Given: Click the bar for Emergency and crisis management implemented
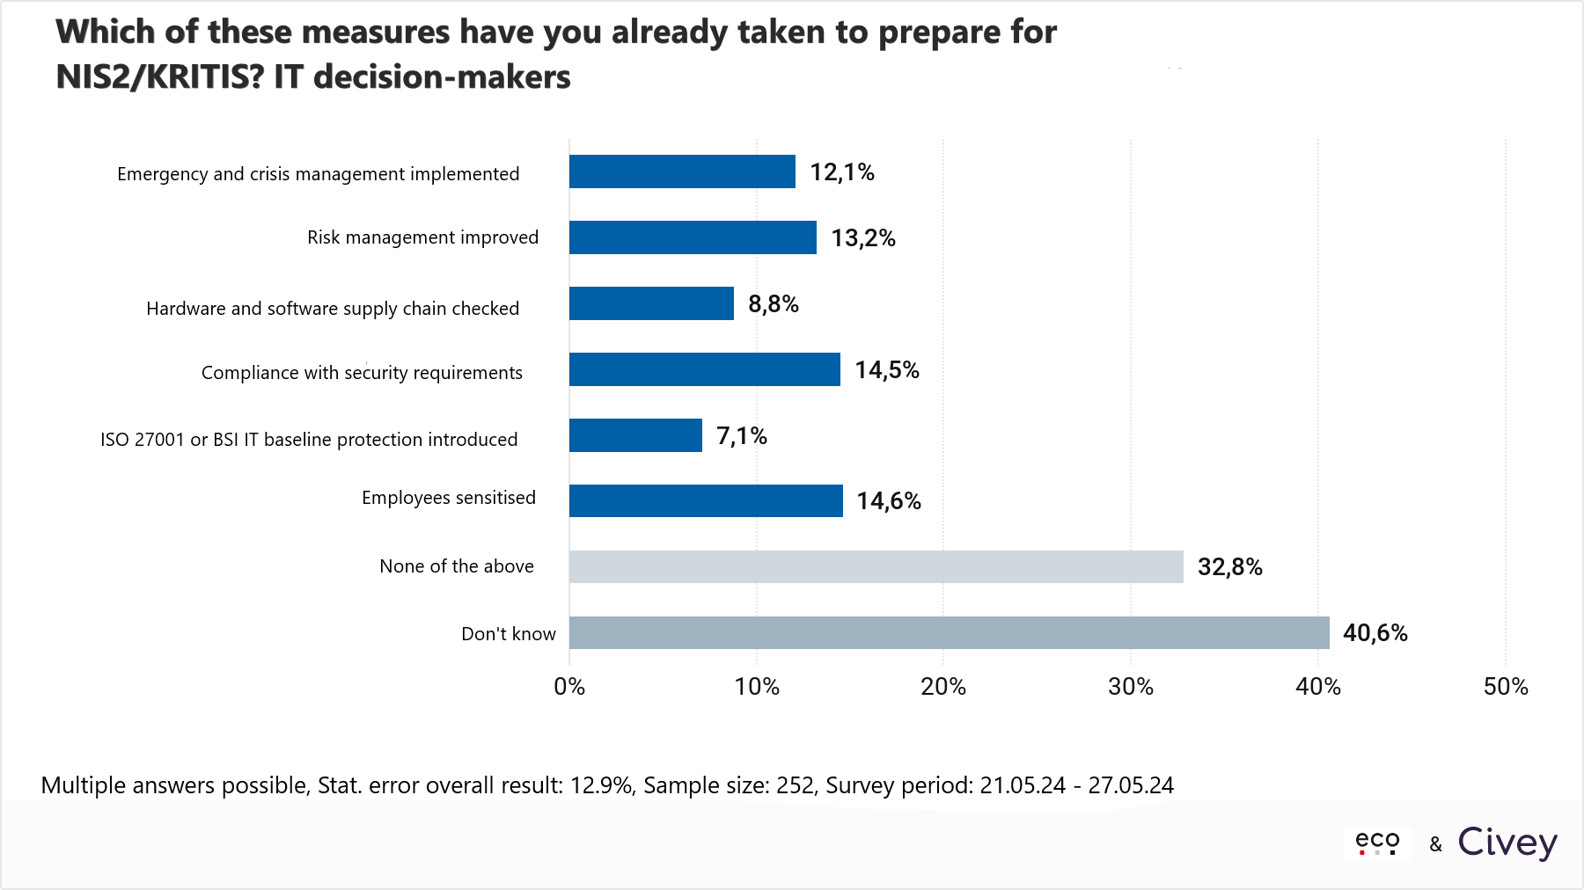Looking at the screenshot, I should (x=682, y=171).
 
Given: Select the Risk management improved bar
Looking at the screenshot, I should (x=693, y=237).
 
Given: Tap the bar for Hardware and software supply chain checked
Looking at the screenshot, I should (x=651, y=303).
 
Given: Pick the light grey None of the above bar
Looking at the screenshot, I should (x=876, y=566).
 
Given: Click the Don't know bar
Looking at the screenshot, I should (x=949, y=632).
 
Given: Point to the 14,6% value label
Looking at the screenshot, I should (x=889, y=501).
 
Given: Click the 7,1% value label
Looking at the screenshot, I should (x=742, y=436).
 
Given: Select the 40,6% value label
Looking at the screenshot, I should (x=1375, y=633).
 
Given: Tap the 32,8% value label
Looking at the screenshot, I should (x=1229, y=567).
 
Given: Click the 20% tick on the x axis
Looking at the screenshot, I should (x=943, y=687).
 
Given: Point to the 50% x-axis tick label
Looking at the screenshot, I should (x=1506, y=687).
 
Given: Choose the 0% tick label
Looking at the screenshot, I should (x=569, y=687).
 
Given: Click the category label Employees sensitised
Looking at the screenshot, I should (x=449, y=498).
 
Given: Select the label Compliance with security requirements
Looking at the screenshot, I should (x=362, y=373).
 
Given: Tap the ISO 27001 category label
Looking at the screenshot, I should (x=309, y=440).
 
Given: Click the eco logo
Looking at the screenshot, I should (x=1377, y=843).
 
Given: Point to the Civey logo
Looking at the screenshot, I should (x=1507, y=843).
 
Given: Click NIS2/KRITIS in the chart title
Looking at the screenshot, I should (x=159, y=77).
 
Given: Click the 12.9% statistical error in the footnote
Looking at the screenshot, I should (x=601, y=785).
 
